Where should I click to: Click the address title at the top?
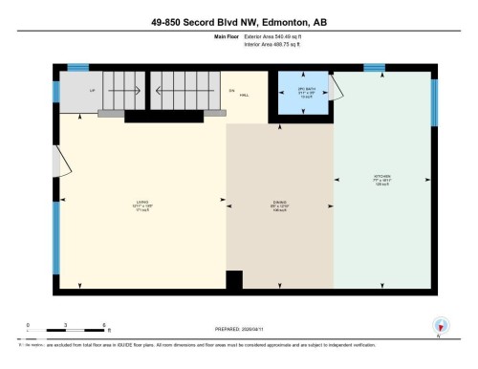pos(238,22)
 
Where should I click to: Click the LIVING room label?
pos(143,204)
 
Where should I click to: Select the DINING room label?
pos(278,204)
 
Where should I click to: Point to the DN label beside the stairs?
pos(230,90)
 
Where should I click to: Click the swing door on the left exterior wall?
pos(63,163)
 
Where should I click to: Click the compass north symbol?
pos(440,325)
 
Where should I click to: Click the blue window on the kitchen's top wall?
pos(375,68)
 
